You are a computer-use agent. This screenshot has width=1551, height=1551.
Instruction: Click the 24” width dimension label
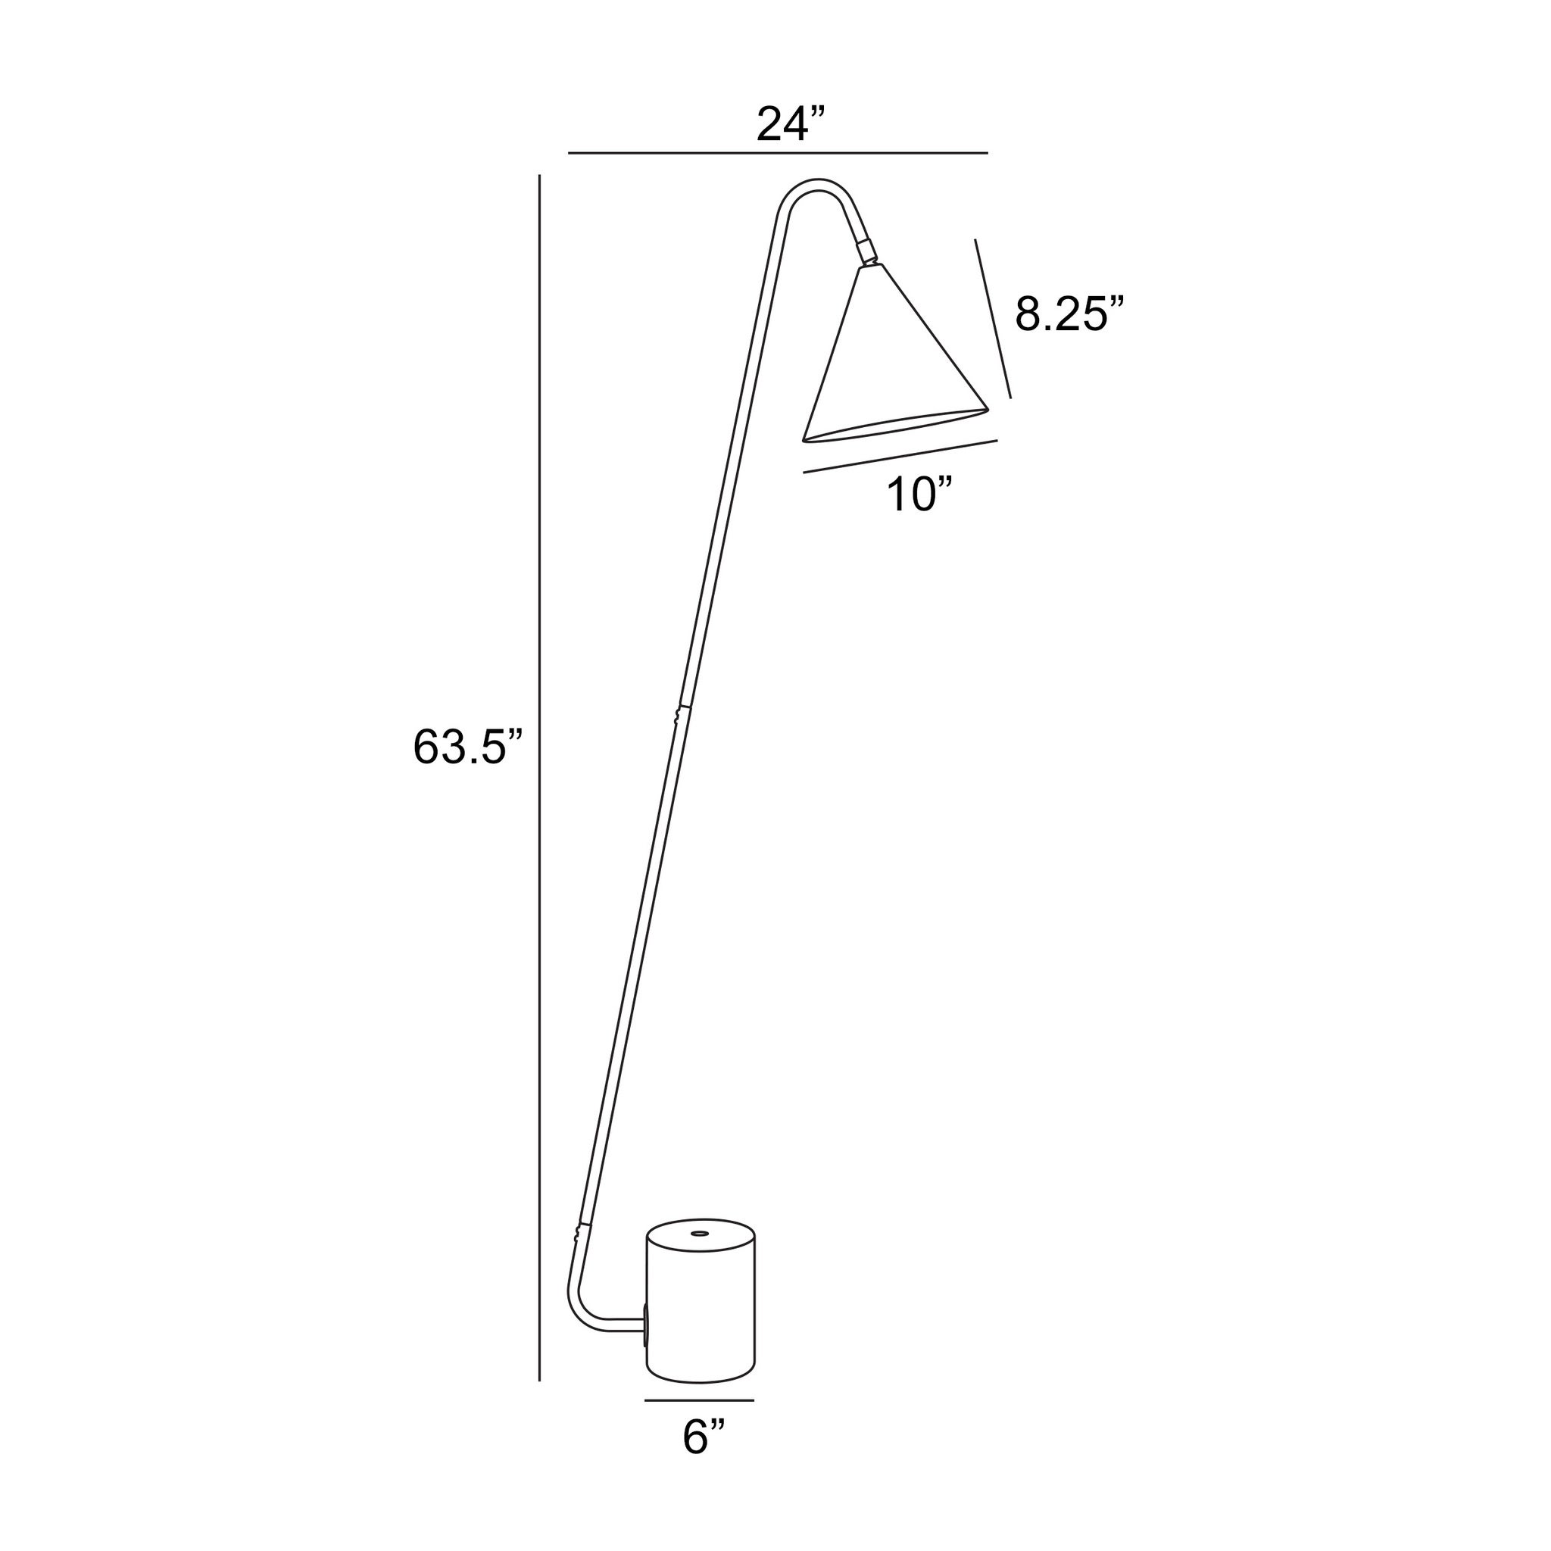[791, 123]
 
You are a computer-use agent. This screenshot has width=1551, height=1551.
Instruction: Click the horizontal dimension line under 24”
[778, 152]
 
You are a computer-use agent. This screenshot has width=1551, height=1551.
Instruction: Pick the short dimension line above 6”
[699, 1400]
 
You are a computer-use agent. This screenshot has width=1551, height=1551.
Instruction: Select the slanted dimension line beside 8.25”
[993, 318]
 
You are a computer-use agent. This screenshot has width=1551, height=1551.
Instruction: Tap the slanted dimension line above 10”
[900, 456]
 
